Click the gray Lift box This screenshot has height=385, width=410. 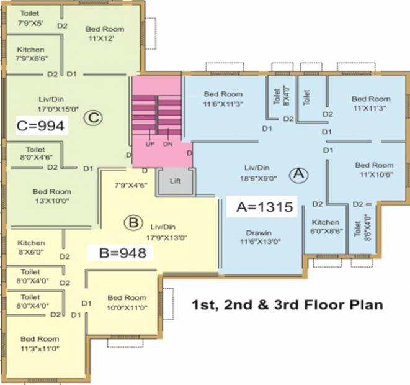click(x=176, y=181)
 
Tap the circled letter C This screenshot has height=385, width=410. click(x=93, y=118)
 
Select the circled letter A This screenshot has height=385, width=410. click(x=299, y=174)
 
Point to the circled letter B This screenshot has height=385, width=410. click(x=133, y=223)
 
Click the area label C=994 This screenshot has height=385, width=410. click(x=40, y=126)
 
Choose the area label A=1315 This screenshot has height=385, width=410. click(x=265, y=207)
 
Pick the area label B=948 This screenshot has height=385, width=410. click(x=123, y=253)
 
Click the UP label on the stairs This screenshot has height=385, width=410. click(x=150, y=144)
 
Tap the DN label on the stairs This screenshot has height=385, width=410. click(x=167, y=144)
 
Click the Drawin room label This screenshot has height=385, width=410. click(x=259, y=233)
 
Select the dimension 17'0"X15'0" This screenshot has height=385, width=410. click(x=58, y=109)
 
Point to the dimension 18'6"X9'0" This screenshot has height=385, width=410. click(x=258, y=178)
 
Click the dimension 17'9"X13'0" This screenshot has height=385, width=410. click(x=167, y=238)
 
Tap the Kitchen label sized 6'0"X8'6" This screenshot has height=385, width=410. click(x=326, y=222)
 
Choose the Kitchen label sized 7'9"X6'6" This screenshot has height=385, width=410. click(x=30, y=50)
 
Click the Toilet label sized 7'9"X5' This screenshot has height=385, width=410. click(x=30, y=13)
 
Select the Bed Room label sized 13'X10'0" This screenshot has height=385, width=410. click(x=52, y=192)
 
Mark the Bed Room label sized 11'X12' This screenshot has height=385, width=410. click(x=105, y=29)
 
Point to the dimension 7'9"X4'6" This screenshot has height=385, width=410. click(x=131, y=185)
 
